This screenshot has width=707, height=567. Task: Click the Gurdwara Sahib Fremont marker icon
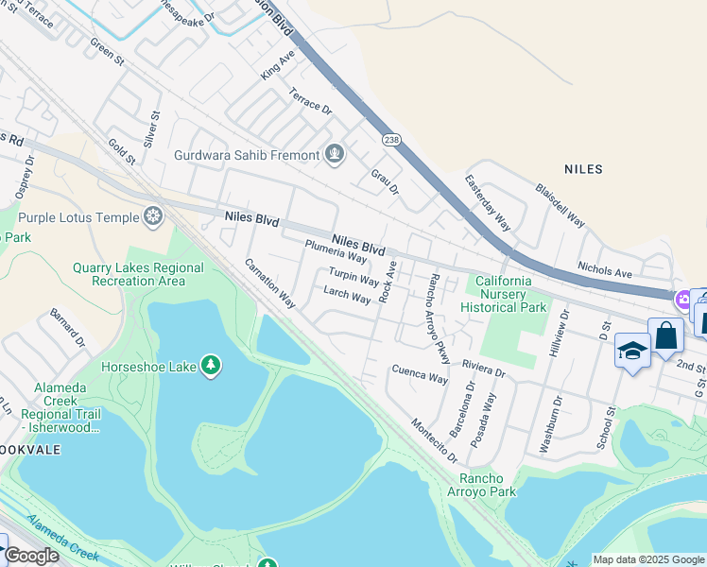(334, 154)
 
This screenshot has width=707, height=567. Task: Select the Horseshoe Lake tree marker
(210, 365)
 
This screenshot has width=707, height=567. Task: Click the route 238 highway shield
(391, 140)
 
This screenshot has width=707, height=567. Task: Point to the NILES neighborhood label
(582, 169)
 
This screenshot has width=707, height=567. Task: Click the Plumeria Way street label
(336, 251)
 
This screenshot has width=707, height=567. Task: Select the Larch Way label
(347, 295)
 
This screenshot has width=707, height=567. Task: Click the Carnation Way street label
(270, 283)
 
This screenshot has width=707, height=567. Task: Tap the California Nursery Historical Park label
(510, 294)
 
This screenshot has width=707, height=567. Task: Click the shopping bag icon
(665, 335)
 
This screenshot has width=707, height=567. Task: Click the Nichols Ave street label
(605, 272)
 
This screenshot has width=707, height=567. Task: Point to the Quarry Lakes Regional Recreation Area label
(138, 274)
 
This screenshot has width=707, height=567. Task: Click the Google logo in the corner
(32, 556)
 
